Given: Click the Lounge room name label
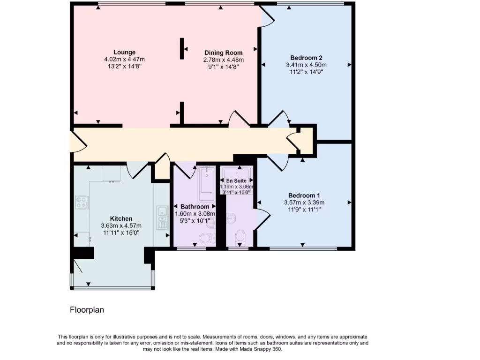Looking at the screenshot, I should click(x=124, y=52).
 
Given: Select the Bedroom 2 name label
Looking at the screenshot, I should click(x=306, y=58).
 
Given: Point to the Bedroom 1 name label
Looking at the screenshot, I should click(x=304, y=195).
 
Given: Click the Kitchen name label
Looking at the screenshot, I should click(x=121, y=218).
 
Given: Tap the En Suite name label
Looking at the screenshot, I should click(x=236, y=180).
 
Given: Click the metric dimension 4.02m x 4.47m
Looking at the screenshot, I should click(x=124, y=60).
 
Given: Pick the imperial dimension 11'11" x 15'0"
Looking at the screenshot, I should click(x=121, y=232).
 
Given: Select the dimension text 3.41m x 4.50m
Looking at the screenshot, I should click(x=306, y=65).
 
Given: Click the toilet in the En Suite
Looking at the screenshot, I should click(x=240, y=237).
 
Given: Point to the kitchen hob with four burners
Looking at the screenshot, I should click(x=82, y=202).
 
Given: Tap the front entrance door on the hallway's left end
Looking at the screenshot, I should click(x=78, y=141).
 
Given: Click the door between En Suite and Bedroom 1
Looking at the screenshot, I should click(x=262, y=219).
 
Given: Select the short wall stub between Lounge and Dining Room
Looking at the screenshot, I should click(x=181, y=48).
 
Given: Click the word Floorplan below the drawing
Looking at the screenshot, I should click(x=87, y=310).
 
